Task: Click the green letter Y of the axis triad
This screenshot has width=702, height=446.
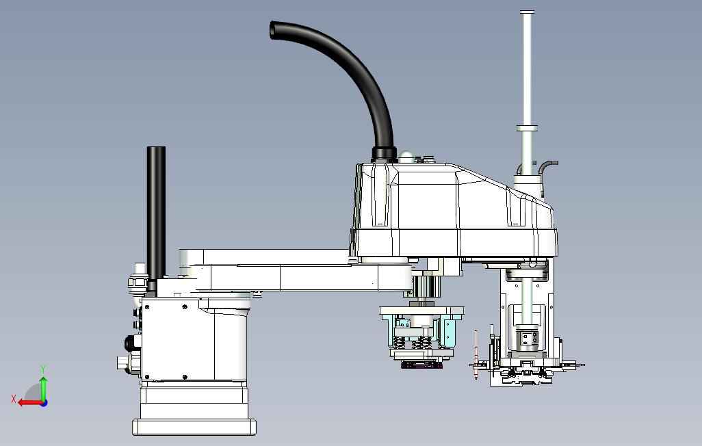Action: point(43,369)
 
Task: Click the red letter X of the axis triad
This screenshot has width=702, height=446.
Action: point(14,399)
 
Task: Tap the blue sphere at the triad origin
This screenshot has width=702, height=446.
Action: point(44,403)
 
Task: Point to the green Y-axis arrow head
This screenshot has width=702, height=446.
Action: point(43,380)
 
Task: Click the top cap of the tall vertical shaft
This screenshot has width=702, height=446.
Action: point(527,12)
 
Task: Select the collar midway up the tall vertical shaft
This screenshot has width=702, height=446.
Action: point(527,128)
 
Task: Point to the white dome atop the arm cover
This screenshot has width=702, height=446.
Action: point(407,155)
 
